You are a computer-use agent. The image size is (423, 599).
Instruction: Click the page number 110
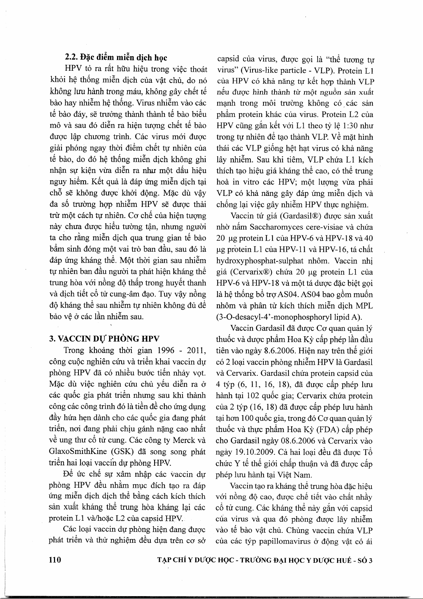(55, 560)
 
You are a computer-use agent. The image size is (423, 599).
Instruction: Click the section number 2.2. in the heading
(72, 58)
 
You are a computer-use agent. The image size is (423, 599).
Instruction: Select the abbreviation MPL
(365, 306)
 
